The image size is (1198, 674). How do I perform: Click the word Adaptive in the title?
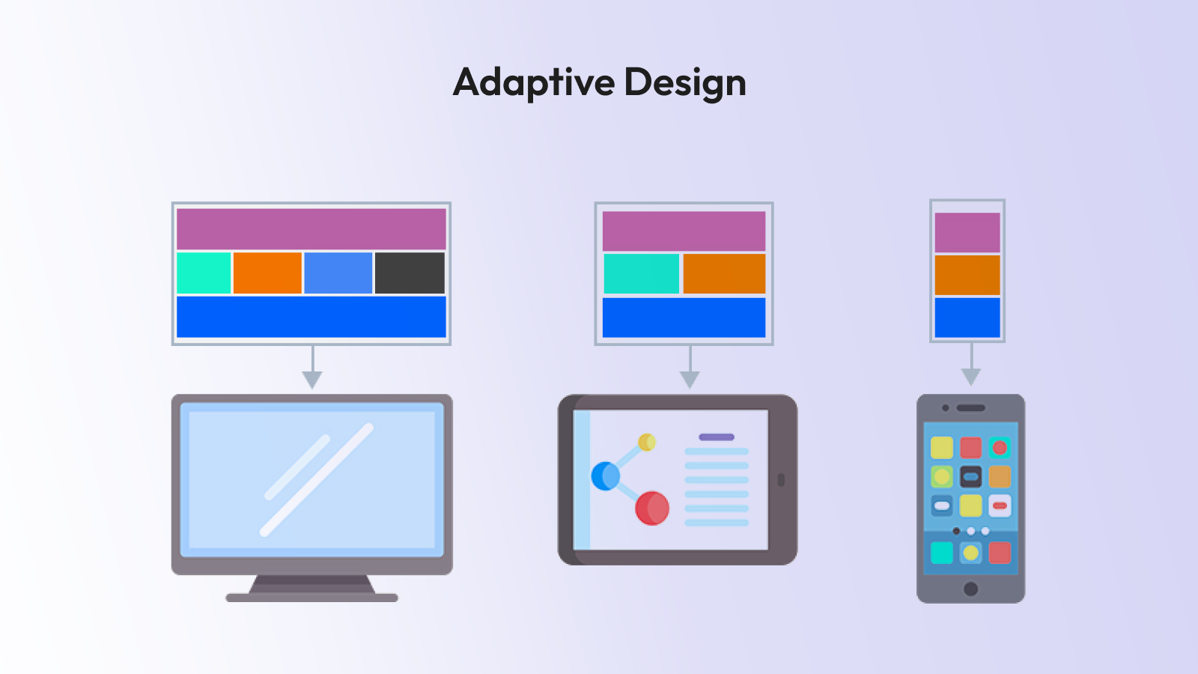[534, 82]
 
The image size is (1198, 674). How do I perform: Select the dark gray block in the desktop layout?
[410, 273]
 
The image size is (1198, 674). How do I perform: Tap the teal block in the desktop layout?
[204, 273]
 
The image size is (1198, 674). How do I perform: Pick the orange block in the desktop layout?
[267, 273]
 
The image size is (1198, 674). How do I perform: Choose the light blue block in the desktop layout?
[338, 273]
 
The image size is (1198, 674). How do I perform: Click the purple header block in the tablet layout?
[684, 231]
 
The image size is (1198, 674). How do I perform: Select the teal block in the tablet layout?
[642, 273]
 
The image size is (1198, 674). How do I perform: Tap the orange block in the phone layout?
[967, 275]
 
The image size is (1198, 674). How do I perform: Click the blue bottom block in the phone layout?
[967, 318]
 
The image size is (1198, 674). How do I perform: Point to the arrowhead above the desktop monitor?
[312, 379]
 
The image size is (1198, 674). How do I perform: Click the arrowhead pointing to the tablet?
[690, 379]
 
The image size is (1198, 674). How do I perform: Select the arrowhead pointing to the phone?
[971, 376]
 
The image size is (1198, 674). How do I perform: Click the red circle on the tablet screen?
[651, 508]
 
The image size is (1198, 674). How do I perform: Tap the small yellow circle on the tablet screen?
[647, 442]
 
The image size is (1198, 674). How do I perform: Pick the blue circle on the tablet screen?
[605, 476]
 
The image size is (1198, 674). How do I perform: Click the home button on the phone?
[970, 589]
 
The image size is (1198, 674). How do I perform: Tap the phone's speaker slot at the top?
[971, 408]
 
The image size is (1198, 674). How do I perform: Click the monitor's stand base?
[311, 598]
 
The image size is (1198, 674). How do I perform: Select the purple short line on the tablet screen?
[717, 437]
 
